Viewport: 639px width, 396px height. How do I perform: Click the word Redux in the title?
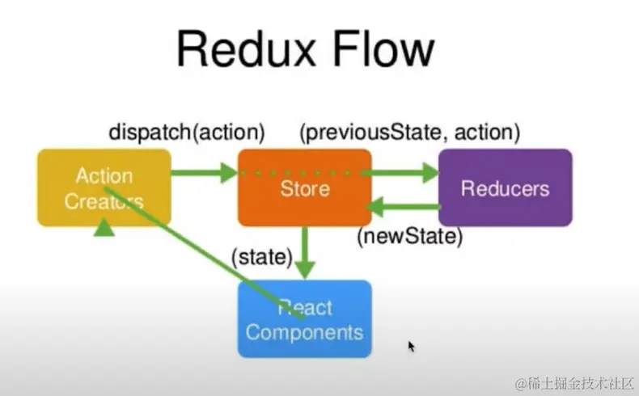[246, 49]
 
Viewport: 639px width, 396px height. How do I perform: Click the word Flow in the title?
[383, 48]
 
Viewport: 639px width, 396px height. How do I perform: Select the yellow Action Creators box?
[104, 187]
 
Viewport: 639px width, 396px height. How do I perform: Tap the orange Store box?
[305, 187]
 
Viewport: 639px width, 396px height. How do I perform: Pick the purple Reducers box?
[506, 187]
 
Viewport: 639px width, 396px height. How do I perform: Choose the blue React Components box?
[305, 318]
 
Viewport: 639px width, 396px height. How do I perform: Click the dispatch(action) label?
[187, 133]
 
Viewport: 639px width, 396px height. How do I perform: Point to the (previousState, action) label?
[410, 133]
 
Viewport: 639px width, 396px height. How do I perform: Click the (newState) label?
[410, 237]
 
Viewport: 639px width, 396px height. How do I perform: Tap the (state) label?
[262, 258]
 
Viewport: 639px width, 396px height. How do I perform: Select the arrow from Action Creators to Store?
[204, 173]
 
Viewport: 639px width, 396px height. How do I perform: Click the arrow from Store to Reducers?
[400, 173]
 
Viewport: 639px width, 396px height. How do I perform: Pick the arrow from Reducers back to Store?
[403, 206]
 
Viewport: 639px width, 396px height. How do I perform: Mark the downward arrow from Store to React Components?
[305, 252]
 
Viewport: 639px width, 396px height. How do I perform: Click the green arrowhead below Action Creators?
[104, 227]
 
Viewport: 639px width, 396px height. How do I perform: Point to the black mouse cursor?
[411, 347]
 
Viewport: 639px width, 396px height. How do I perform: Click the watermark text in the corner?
[573, 384]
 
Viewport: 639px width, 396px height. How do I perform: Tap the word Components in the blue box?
[304, 332]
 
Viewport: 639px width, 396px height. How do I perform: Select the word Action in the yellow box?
[104, 176]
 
